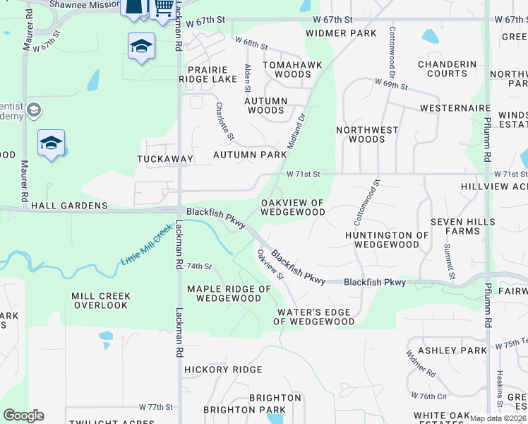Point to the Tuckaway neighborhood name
[x=165, y=159]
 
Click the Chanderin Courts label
[x=447, y=69]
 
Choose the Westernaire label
[x=455, y=108]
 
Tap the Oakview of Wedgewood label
[x=293, y=207]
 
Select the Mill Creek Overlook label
[x=100, y=300]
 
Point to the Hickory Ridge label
[x=223, y=370]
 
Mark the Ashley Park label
[x=452, y=351]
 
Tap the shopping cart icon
[x=164, y=7]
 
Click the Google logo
[x=23, y=416]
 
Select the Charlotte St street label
[x=224, y=121]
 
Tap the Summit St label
[x=448, y=260]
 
